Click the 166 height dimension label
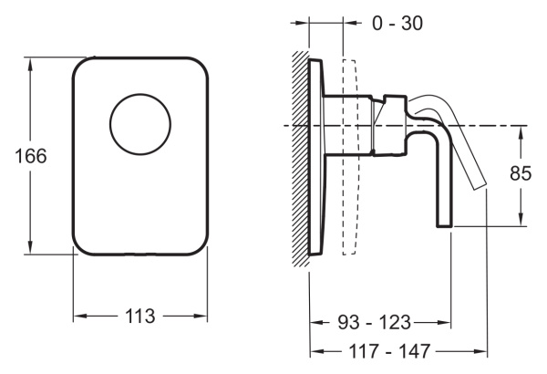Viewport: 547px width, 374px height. pos(31,156)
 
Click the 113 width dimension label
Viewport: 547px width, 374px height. pos(140,316)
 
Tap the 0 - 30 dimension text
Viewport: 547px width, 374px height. pos(397,24)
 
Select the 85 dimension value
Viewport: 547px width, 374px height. pos(521,173)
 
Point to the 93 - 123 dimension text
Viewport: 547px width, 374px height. pos(374,322)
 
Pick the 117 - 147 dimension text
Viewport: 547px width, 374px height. pos(389,351)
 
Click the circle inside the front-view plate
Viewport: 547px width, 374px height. pos(140,124)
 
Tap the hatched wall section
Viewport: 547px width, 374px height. pos(300,159)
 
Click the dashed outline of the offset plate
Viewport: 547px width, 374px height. pos(350,157)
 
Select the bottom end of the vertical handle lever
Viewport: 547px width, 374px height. pos(445,226)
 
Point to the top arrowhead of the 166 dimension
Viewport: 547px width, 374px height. pos(30,63)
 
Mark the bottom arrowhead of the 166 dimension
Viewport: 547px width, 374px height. pos(30,249)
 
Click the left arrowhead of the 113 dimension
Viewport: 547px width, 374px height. pos(78,316)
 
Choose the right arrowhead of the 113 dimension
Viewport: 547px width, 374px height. pos(201,316)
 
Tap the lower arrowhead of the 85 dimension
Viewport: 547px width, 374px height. pos(521,221)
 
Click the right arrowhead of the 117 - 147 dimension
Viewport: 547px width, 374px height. pos(481,351)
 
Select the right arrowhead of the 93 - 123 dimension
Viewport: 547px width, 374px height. pos(446,322)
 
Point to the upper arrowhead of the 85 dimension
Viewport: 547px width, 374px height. pos(521,131)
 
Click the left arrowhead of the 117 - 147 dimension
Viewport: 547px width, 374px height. pos(316,351)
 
